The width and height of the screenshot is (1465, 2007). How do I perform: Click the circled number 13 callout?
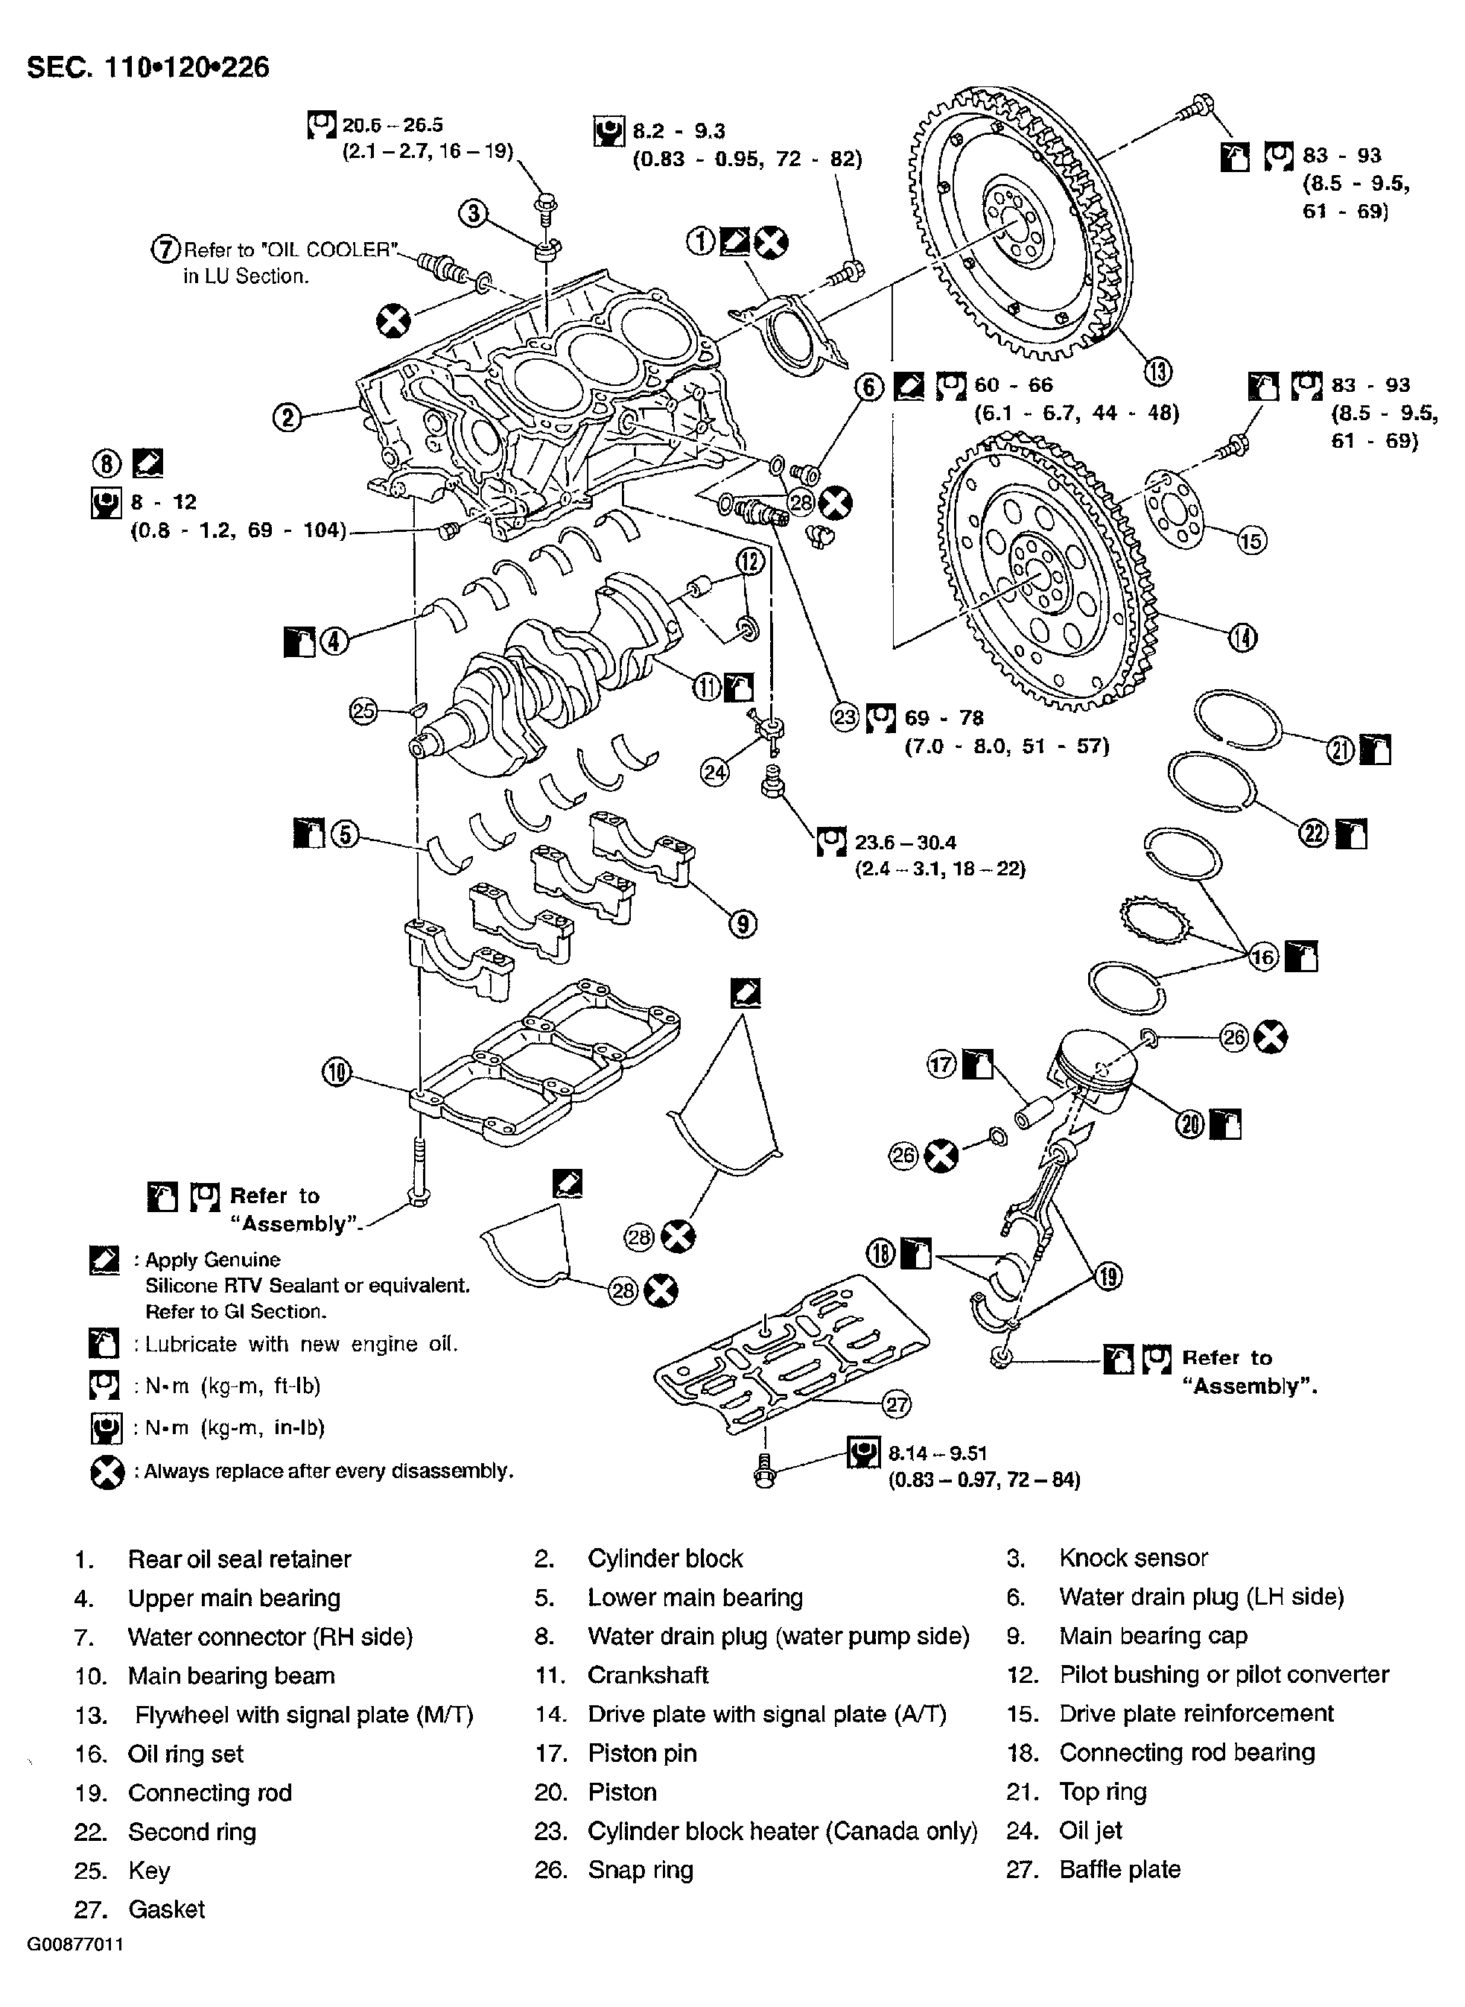tap(1158, 372)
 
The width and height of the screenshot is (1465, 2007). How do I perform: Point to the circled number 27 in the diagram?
tap(897, 1404)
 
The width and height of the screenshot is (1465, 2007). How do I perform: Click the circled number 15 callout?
tap(1251, 540)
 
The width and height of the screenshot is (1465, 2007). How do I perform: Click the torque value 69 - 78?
tap(944, 717)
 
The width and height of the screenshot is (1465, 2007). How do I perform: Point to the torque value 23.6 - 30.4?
tap(904, 842)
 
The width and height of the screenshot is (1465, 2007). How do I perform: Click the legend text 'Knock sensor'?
tap(1134, 1559)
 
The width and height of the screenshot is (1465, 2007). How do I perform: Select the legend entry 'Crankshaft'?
tap(647, 1675)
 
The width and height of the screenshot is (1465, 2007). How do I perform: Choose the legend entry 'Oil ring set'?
tap(185, 1754)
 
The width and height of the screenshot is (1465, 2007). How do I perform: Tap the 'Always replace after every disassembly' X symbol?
tap(107, 1472)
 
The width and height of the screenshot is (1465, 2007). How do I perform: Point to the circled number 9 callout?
tap(743, 924)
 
